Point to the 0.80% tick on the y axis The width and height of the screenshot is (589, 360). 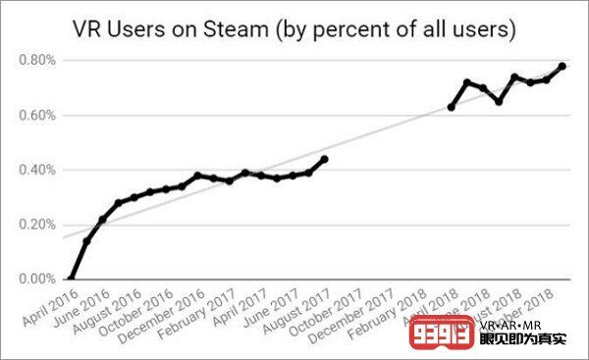pyautogui.click(x=38, y=60)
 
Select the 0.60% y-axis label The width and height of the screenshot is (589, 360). pyautogui.click(x=38, y=115)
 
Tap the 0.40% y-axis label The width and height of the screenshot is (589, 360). pyautogui.click(x=38, y=170)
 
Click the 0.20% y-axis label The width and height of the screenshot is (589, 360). pyautogui.click(x=38, y=225)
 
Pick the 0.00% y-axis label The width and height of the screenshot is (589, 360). pyautogui.click(x=38, y=280)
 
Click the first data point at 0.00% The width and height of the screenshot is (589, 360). pyautogui.click(x=71, y=280)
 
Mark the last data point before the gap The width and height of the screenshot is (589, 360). pyautogui.click(x=324, y=159)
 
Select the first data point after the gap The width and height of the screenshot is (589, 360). pyautogui.click(x=451, y=107)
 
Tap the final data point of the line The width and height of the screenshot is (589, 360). pyautogui.click(x=562, y=66)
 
